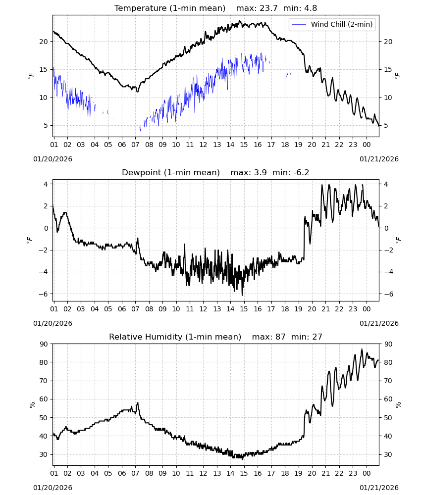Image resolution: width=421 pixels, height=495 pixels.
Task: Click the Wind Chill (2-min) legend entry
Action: click(332, 24)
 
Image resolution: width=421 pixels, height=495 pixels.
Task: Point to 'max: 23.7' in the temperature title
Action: click(257, 8)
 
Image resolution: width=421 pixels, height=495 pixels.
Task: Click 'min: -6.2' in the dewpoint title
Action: click(291, 172)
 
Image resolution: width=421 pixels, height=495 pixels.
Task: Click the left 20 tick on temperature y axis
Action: click(44, 42)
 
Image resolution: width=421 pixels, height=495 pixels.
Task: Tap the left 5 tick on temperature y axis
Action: click(46, 125)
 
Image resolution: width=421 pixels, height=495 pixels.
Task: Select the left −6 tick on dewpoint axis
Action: click(44, 294)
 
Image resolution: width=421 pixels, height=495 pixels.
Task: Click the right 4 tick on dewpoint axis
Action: click(386, 184)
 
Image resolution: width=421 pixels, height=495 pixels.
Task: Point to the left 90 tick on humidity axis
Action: click(44, 344)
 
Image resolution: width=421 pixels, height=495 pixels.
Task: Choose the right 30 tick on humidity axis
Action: click(388, 454)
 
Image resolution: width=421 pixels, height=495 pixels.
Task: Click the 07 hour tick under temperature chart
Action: click(136, 145)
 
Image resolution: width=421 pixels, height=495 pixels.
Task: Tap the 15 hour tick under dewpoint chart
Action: click(244, 309)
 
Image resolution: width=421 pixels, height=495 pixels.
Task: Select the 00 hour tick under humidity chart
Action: click(367, 473)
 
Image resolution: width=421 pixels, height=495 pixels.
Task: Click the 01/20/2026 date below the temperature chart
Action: click(53, 159)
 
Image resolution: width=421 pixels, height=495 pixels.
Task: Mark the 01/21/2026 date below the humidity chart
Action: click(379, 488)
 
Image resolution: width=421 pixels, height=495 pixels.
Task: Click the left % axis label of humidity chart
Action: click(32, 405)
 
